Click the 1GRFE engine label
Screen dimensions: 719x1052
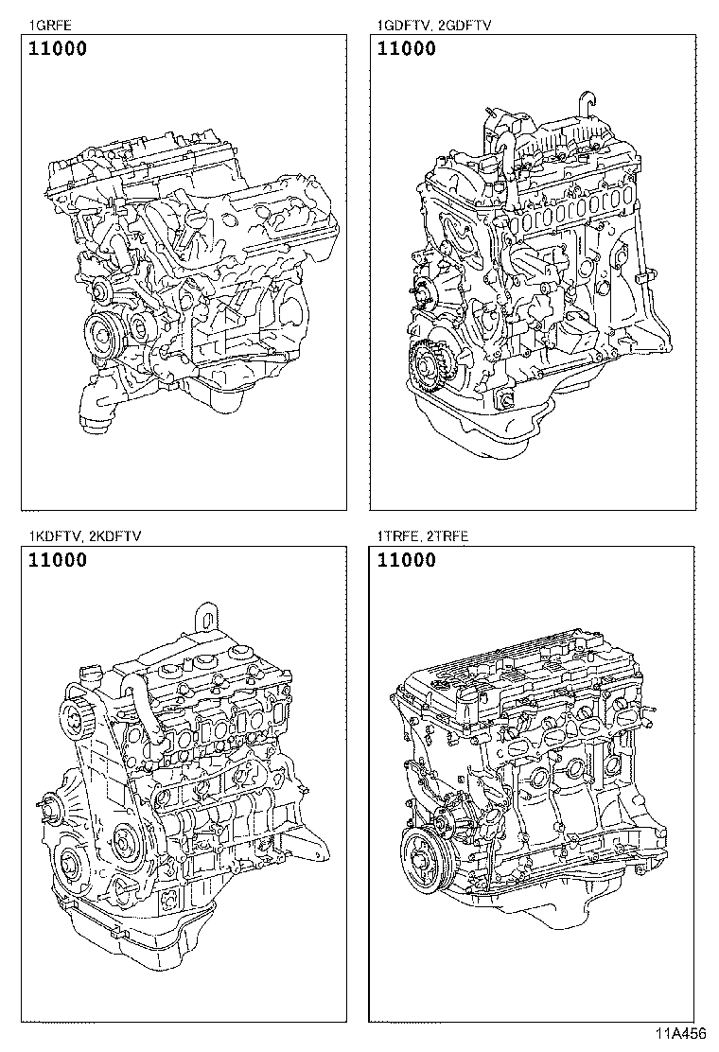(50, 26)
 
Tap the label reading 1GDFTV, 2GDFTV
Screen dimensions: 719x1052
(434, 26)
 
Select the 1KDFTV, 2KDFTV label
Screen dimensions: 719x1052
(84, 536)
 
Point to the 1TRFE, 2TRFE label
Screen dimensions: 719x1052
(423, 536)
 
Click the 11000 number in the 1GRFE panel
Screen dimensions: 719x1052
(58, 49)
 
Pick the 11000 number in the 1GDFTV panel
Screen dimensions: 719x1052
(407, 49)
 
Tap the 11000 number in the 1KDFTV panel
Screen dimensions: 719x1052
(58, 559)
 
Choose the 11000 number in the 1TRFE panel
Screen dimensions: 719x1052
(407, 559)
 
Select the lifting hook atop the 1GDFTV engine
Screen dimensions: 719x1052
(588, 107)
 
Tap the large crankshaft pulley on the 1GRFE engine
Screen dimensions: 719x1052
(101, 332)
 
